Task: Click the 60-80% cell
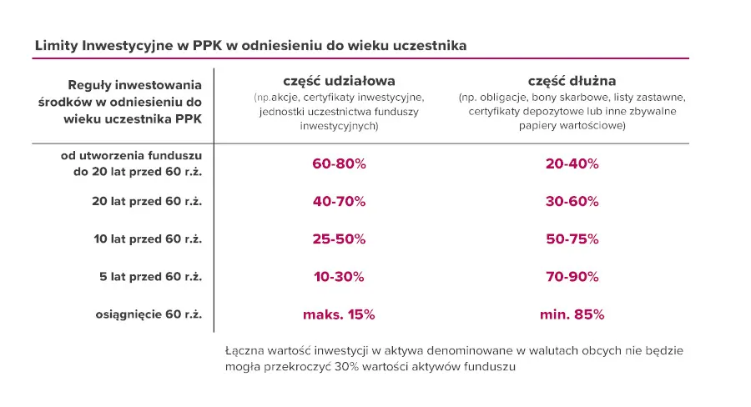339,163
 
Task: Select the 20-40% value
572,163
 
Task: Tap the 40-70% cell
339,201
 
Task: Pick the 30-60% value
572,201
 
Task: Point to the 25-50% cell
339,239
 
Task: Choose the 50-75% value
572,239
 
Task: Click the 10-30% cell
339,277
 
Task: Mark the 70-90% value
572,277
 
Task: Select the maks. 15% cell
339,315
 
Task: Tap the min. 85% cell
572,315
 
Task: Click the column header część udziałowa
339,81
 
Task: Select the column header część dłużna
572,81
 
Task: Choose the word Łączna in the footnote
244,350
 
